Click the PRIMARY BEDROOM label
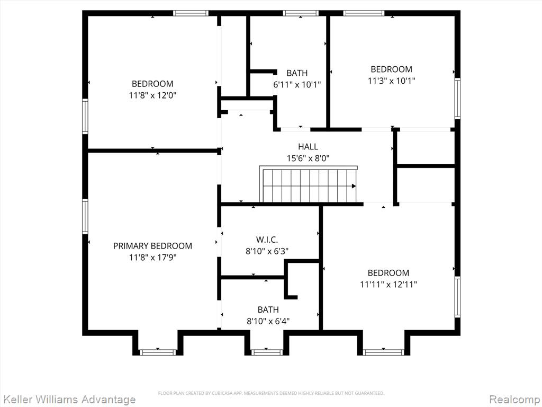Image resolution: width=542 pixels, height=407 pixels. point(152,246)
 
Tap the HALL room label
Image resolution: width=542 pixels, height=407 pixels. point(308,146)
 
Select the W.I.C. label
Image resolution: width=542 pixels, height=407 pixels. point(267,240)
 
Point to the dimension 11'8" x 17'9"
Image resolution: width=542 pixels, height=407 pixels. point(153,258)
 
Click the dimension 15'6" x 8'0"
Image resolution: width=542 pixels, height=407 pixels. point(308,158)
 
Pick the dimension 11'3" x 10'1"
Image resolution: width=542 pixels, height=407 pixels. point(391,81)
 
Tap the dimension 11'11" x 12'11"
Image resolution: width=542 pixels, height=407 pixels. point(389,285)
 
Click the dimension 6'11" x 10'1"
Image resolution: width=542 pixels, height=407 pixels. point(297,84)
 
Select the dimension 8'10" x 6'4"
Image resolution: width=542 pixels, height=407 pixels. point(268,321)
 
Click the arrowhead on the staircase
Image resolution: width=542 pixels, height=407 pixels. point(354,186)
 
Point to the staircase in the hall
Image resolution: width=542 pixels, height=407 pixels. point(309,184)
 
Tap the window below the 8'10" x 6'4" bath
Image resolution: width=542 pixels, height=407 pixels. point(267,352)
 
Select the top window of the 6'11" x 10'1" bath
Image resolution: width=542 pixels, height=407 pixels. point(301,13)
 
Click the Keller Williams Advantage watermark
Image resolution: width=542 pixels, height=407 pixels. point(68,400)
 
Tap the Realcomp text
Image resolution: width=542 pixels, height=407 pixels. point(515,400)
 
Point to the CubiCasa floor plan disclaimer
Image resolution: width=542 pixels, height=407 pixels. point(271,393)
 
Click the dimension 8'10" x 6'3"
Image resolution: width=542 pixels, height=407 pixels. point(267,251)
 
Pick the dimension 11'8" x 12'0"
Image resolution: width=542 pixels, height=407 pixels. point(153,95)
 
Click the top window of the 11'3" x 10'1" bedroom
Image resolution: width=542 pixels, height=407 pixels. point(364,13)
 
